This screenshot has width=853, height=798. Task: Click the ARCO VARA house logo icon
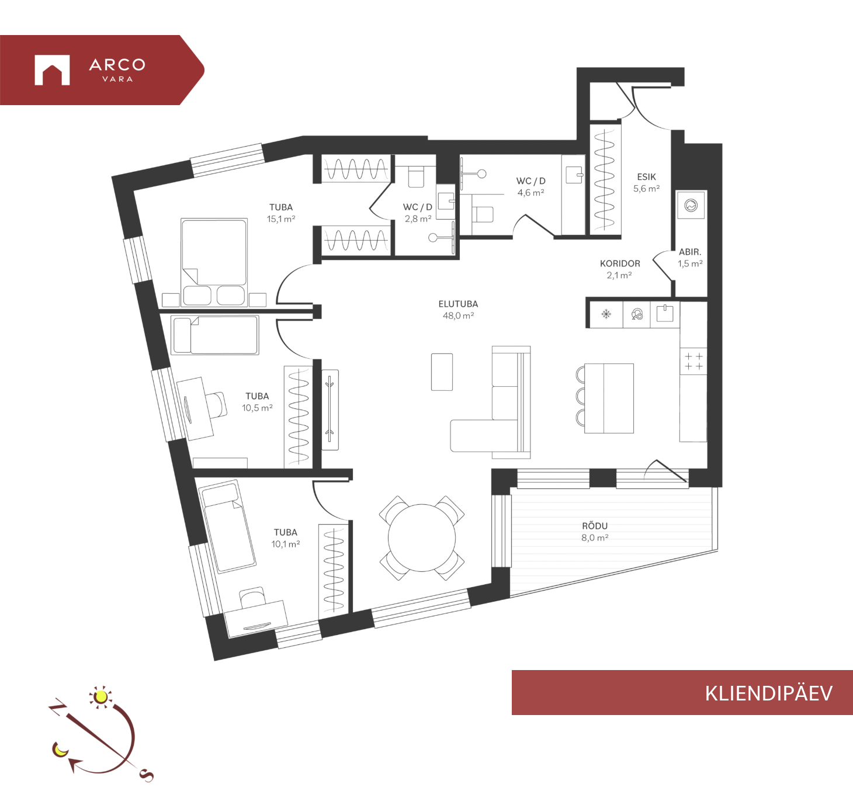point(52,70)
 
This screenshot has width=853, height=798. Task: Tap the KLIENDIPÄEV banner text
point(769,693)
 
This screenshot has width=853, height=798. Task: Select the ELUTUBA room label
point(458,304)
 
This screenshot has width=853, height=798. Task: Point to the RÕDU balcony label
point(595,526)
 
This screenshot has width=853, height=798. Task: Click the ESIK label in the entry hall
point(646,177)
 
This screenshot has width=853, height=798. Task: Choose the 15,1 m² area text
point(281,219)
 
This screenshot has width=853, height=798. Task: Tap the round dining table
point(422,537)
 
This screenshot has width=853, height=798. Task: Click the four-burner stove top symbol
point(694,361)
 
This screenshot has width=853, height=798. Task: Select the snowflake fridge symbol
point(606,314)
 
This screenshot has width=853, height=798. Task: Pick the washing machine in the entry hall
point(691,205)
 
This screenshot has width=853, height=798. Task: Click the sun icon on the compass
point(101,696)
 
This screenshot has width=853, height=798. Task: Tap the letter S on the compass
point(147,775)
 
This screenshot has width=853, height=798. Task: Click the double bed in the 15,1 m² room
point(214,262)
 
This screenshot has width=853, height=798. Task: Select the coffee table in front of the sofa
point(442,372)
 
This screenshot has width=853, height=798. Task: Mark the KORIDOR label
point(620,263)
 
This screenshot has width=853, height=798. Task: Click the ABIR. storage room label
point(690,252)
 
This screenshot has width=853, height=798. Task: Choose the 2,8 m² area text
point(418,219)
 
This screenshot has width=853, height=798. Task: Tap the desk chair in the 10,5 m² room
point(216,405)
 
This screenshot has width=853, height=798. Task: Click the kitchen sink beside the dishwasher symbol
point(665,314)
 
